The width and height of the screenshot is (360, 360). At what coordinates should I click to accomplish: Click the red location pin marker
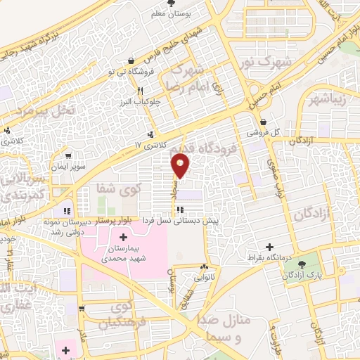(x=181, y=166)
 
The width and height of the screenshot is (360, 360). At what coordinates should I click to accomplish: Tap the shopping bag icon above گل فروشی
(x=262, y=121)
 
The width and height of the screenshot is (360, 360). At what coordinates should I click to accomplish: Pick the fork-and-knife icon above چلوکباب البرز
(x=141, y=91)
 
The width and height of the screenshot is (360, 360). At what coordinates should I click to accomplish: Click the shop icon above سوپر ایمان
(x=67, y=157)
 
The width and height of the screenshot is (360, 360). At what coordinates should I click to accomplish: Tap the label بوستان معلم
(x=165, y=13)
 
